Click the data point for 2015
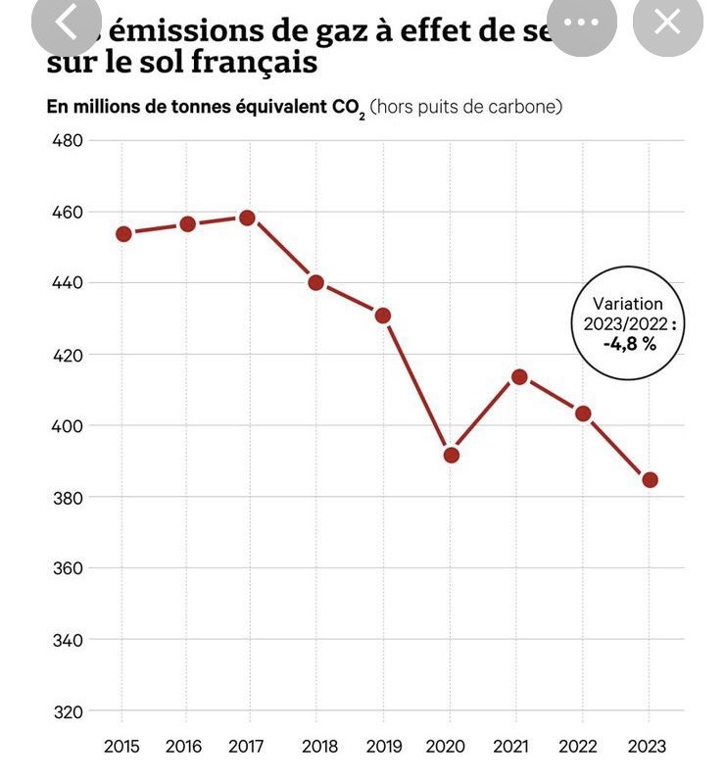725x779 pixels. pyautogui.click(x=123, y=234)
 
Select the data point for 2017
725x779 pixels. pyautogui.click(x=247, y=218)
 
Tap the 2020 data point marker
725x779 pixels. pyautogui.click(x=451, y=455)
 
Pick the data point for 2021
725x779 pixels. pyautogui.click(x=519, y=377)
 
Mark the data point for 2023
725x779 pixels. pyautogui.click(x=650, y=480)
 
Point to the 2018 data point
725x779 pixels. pyautogui.click(x=316, y=283)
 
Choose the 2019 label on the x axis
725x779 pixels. pyautogui.click(x=383, y=747)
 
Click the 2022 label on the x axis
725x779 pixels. pyautogui.click(x=583, y=747)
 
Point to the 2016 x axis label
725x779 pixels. pyautogui.click(x=183, y=747)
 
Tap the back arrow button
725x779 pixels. pyautogui.click(x=67, y=23)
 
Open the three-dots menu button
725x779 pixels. pyautogui.click(x=582, y=23)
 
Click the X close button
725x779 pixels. pyautogui.click(x=667, y=23)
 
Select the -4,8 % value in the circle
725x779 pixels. pyautogui.click(x=629, y=344)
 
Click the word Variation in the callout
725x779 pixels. pyautogui.click(x=628, y=305)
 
